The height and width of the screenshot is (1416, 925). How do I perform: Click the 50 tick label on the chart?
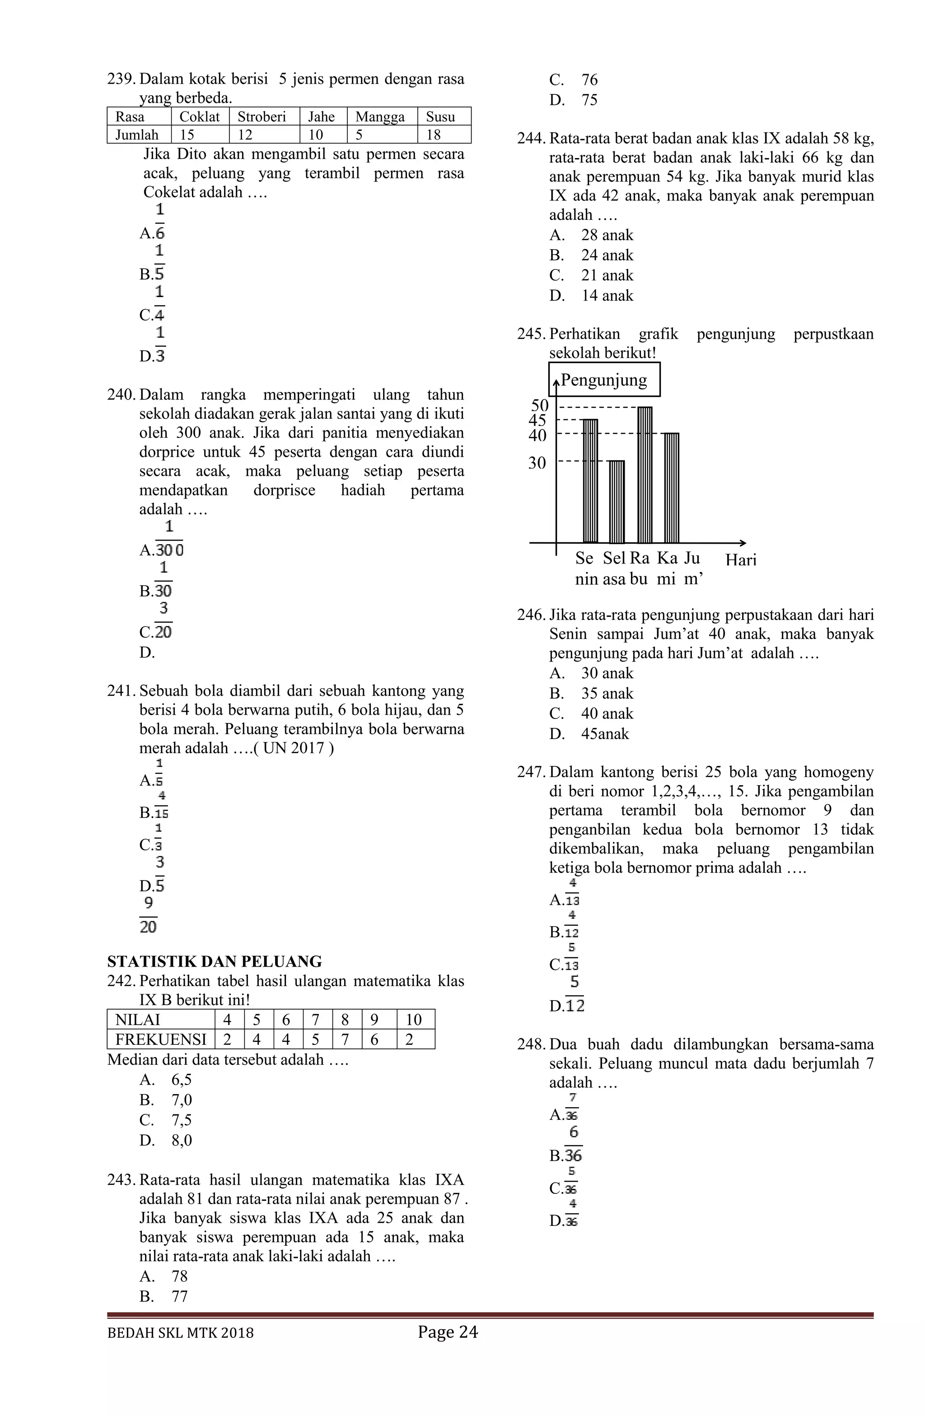[x=539, y=406]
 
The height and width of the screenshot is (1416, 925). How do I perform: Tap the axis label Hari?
[x=740, y=560]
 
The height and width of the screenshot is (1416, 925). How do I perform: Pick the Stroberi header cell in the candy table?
[x=262, y=116]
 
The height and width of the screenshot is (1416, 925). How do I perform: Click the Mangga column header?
[x=380, y=116]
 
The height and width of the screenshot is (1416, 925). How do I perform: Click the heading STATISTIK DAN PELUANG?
[x=214, y=962]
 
